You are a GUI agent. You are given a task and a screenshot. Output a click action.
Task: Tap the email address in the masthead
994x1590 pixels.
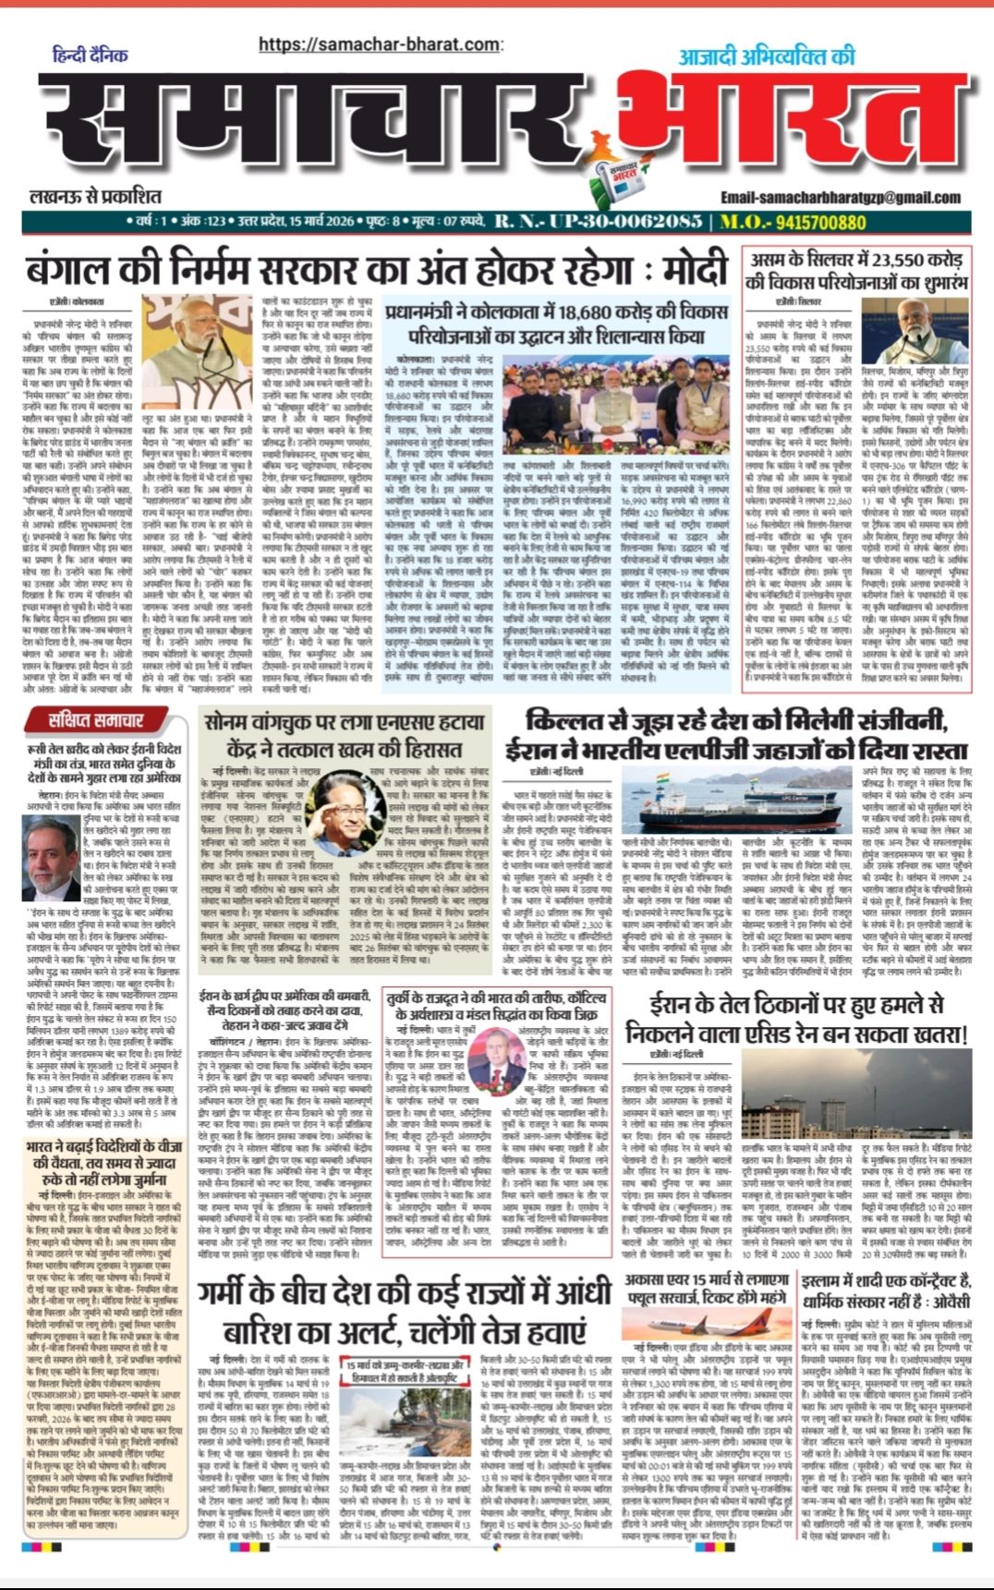pos(841,197)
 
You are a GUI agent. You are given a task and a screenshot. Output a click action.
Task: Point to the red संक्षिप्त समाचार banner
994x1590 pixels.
pos(108,718)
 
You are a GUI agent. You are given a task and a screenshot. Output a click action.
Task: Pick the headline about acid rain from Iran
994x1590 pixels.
pos(796,1018)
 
